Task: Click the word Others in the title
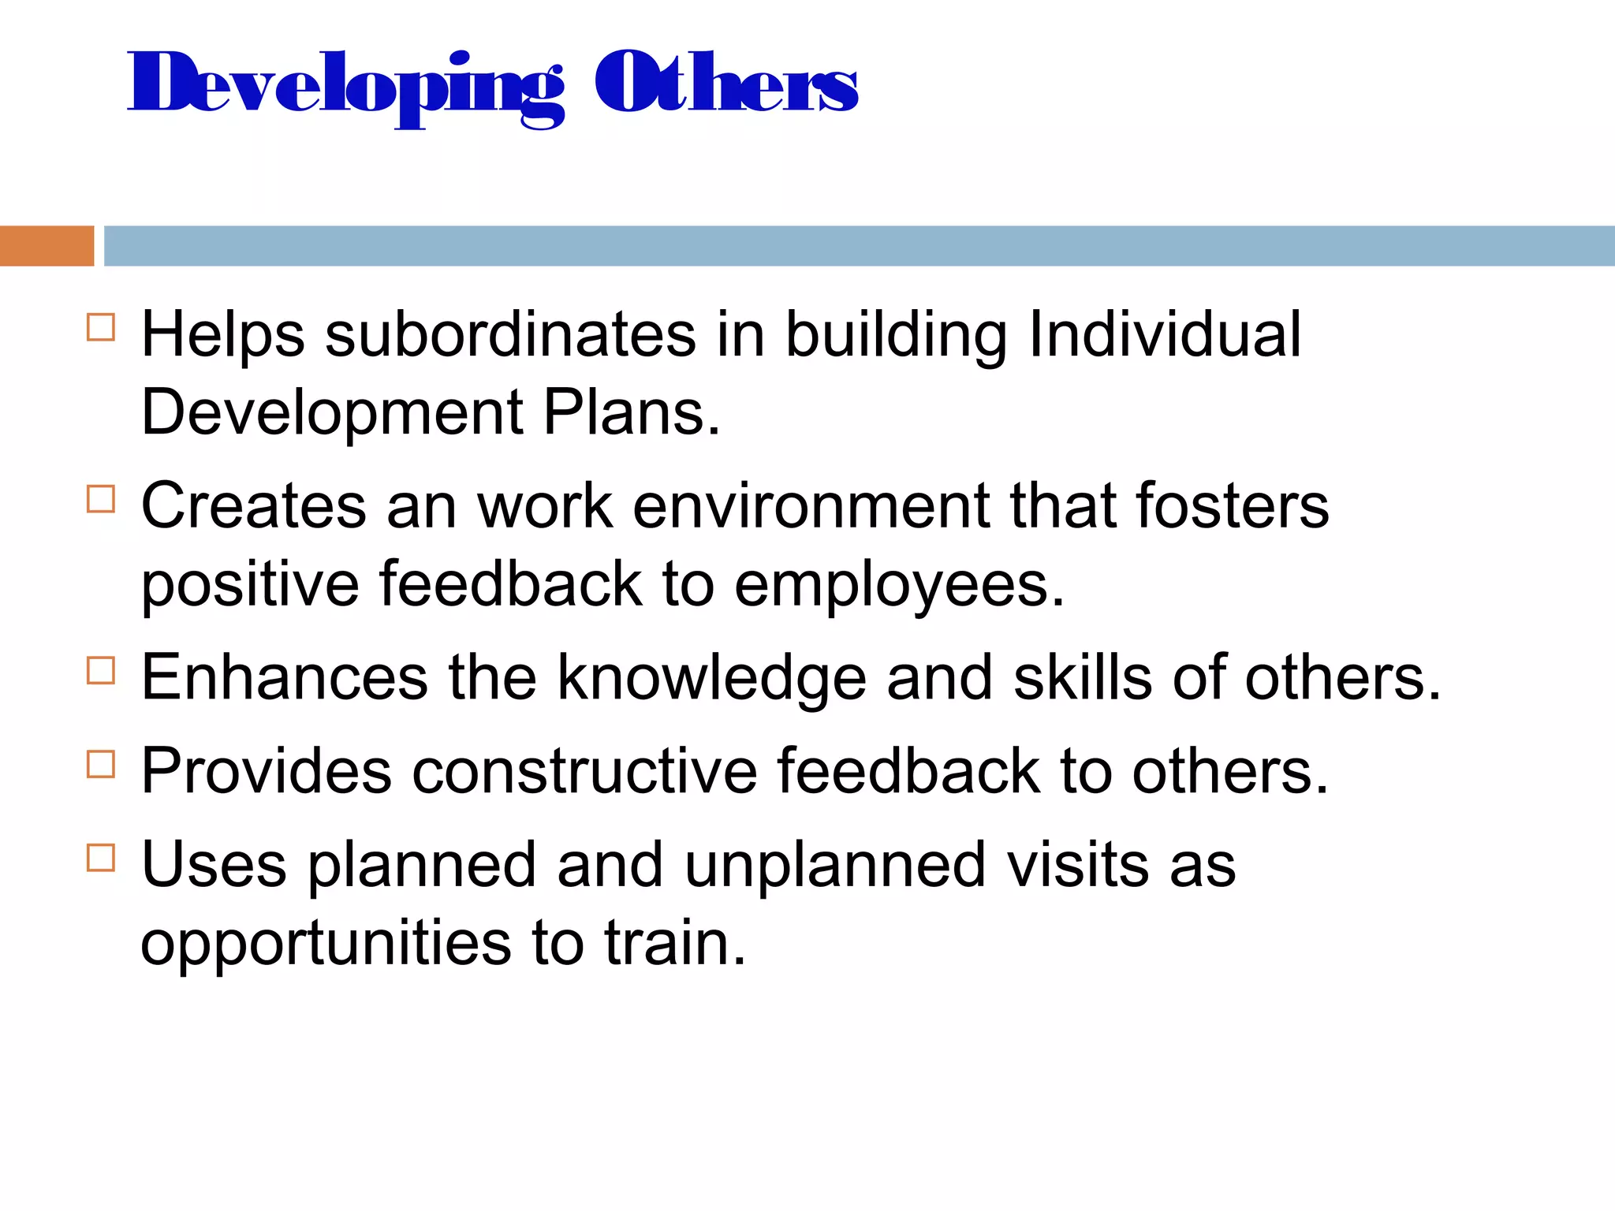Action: [725, 83]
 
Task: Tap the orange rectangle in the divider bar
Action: [47, 246]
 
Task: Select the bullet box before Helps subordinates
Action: [101, 327]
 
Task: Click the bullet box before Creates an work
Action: [101, 499]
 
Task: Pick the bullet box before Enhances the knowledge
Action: [101, 671]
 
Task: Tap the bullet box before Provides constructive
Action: [101, 764]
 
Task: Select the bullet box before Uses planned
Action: [101, 857]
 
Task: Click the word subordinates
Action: [510, 334]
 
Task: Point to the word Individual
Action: [1165, 334]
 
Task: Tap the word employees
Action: [899, 585]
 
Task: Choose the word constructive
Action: [584, 771]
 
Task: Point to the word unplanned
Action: [835, 865]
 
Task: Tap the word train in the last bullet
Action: [674, 943]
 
